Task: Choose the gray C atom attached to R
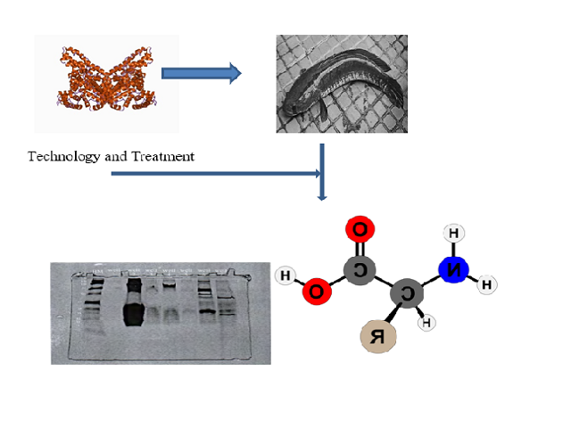pyautogui.click(x=406, y=292)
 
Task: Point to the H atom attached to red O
pyautogui.click(x=285, y=276)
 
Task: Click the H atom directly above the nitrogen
pyautogui.click(x=453, y=235)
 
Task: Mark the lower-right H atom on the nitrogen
pyautogui.click(x=486, y=285)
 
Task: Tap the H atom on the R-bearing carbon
pyautogui.click(x=426, y=322)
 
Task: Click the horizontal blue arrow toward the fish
pyautogui.click(x=202, y=73)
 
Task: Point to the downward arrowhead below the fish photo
pyautogui.click(x=322, y=193)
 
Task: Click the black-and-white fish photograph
pyautogui.click(x=342, y=84)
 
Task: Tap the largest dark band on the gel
pyautogui.click(x=134, y=312)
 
